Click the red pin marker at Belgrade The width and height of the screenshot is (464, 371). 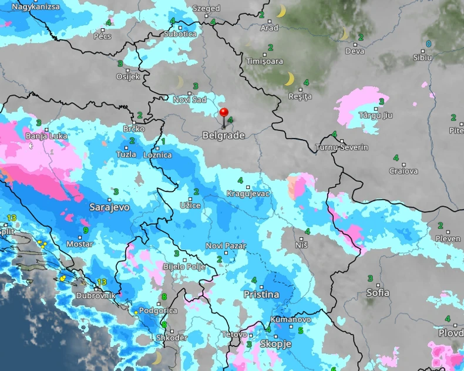click(x=224, y=113)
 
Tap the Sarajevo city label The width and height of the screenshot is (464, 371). click(x=109, y=207)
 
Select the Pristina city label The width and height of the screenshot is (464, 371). click(x=261, y=295)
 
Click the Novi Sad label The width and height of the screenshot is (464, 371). click(x=190, y=100)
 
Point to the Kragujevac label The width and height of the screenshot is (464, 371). click(x=248, y=194)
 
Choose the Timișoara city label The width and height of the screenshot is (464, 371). click(x=264, y=61)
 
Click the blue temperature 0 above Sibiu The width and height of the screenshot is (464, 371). click(x=428, y=44)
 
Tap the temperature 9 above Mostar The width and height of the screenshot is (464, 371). click(x=85, y=231)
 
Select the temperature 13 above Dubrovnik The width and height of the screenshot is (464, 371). click(x=103, y=282)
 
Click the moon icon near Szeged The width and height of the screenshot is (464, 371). click(x=281, y=12)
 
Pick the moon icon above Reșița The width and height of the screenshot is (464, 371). click(x=289, y=79)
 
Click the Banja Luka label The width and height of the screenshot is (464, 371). click(x=46, y=136)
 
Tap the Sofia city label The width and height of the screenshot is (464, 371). click(x=377, y=292)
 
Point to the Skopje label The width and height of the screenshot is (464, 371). click(x=275, y=344)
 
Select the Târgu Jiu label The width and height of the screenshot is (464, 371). click(x=375, y=115)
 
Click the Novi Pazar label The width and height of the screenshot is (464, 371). click(x=226, y=246)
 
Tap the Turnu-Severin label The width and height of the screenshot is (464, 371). click(x=342, y=147)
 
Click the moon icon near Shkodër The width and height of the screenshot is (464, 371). click(x=156, y=357)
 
